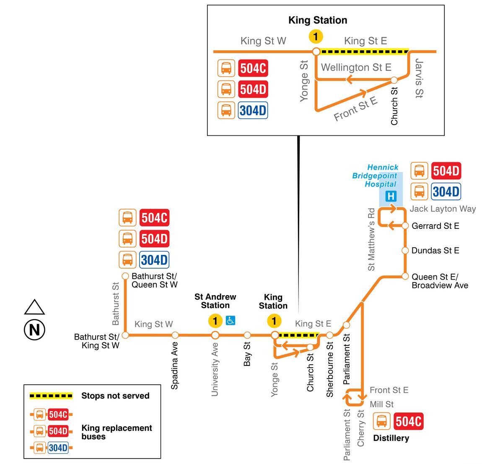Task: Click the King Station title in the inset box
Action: coord(318,20)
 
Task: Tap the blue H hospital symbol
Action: coord(391,196)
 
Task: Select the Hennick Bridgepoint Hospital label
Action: coord(375,176)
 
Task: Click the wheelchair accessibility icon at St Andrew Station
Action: coord(231,320)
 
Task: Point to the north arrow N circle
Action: coord(34,330)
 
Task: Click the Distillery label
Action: coord(391,438)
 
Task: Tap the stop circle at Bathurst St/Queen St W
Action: coord(125,276)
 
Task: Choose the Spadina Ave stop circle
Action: coord(175,335)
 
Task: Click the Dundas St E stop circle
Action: coord(405,251)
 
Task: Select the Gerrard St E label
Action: coord(435,226)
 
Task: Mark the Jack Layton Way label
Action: coord(443,209)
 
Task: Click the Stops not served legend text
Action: coord(115,396)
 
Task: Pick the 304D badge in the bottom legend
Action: coord(58,448)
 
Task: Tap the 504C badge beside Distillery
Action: coord(409,421)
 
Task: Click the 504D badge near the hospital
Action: coord(446,171)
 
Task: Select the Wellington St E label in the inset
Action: coord(356,67)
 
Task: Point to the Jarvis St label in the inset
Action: coord(419,78)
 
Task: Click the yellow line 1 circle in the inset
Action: coord(316,36)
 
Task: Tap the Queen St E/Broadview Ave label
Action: coord(440,281)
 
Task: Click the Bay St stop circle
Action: coord(247,335)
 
